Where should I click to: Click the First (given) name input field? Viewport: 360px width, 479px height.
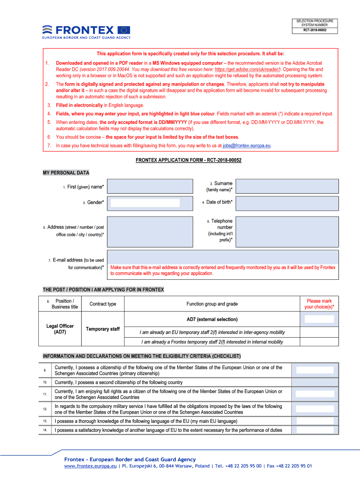(150, 186)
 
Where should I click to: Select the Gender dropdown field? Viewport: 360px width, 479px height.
(145, 203)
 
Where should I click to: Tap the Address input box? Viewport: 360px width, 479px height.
(150, 231)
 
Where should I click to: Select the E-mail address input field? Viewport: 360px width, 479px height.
(223, 257)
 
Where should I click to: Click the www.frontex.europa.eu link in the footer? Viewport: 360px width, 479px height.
(90, 466)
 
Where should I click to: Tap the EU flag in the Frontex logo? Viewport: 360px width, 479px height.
(124, 29)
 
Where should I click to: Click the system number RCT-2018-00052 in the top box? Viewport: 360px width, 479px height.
(314, 30)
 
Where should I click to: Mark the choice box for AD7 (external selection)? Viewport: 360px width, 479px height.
(319, 319)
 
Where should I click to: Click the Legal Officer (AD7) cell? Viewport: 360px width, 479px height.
(60, 329)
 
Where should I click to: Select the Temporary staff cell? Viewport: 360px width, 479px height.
(103, 329)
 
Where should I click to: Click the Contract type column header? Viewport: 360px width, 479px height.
(103, 304)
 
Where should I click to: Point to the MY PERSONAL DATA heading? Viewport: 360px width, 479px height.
(66, 173)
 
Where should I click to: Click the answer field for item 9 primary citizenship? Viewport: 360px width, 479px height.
(315, 370)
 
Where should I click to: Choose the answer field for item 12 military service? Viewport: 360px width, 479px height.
(315, 409)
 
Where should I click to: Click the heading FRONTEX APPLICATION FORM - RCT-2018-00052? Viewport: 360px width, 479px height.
(188, 160)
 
